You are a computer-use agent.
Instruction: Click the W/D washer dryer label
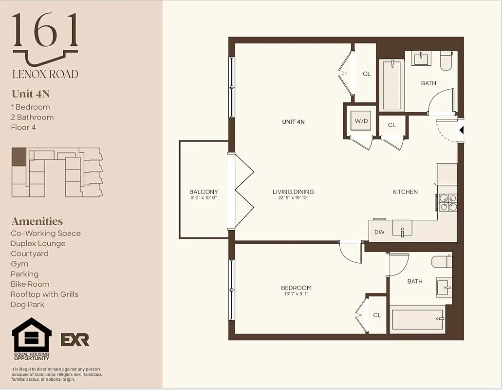click(x=361, y=120)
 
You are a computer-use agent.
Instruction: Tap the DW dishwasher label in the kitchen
click(x=379, y=232)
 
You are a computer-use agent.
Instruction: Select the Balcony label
click(x=204, y=192)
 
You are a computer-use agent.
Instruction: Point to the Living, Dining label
click(x=293, y=192)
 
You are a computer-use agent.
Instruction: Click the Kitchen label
click(x=405, y=192)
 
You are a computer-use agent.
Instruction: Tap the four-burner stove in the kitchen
click(x=448, y=202)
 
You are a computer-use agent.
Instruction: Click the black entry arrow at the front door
click(x=461, y=130)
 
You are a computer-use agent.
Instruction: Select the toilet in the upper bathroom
click(x=446, y=59)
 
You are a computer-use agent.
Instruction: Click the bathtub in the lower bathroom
click(x=417, y=319)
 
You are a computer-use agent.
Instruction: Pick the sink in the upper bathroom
click(x=421, y=59)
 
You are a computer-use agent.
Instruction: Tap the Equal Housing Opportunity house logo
click(x=31, y=335)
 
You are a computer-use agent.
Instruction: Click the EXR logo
click(x=75, y=339)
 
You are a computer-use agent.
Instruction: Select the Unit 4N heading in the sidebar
click(x=31, y=94)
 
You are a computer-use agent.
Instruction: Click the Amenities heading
click(x=37, y=221)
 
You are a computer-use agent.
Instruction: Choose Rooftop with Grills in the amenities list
click(x=44, y=294)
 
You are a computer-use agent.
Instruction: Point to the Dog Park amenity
click(x=27, y=304)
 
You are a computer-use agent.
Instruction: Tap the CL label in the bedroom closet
click(x=377, y=315)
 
